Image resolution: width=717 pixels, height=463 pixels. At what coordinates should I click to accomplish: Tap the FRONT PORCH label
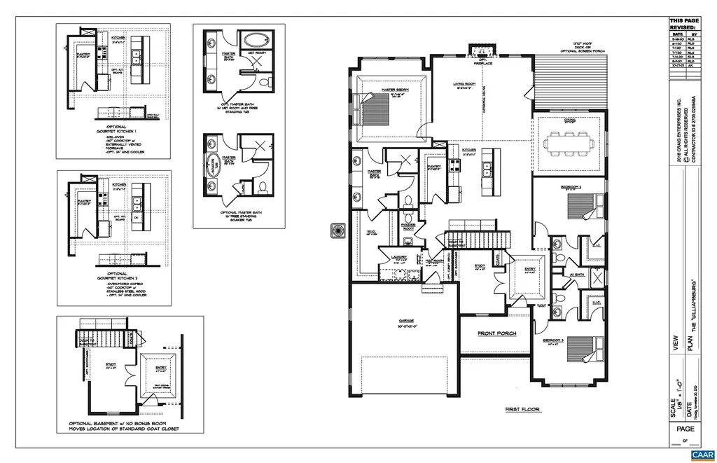[x=496, y=333]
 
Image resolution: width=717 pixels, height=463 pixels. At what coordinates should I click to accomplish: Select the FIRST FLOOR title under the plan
[x=522, y=409]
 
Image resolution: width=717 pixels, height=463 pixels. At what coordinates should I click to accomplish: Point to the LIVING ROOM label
[x=466, y=83]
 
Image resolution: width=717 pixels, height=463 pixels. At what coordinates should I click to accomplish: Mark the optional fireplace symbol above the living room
[x=480, y=51]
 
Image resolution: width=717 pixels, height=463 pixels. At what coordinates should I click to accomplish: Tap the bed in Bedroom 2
[x=583, y=206]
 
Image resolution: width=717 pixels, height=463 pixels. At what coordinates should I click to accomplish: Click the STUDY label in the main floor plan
[x=480, y=265]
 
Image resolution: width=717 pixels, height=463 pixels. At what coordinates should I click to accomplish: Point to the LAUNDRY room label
[x=399, y=257]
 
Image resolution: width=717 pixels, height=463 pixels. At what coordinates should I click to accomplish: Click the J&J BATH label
[x=576, y=275]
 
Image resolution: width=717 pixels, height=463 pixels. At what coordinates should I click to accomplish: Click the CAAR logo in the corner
[x=701, y=455]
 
